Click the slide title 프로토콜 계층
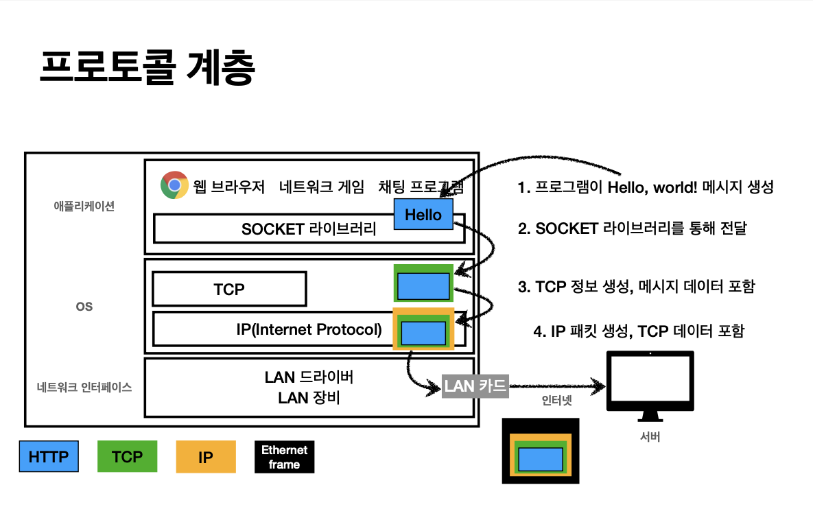point(148,68)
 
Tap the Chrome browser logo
point(174,185)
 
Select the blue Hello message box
point(423,215)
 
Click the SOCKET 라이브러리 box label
point(309,229)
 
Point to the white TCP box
point(229,290)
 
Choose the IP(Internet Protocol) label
point(309,329)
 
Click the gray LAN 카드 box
point(475,386)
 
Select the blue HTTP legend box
point(49,457)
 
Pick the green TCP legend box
point(127,457)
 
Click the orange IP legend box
point(206,457)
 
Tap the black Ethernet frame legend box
point(284,457)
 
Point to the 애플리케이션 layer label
point(84,206)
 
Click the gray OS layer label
point(84,307)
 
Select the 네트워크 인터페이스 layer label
point(84,387)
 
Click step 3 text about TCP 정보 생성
point(636,287)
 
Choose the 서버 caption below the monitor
point(649,437)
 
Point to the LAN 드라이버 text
point(309,377)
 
